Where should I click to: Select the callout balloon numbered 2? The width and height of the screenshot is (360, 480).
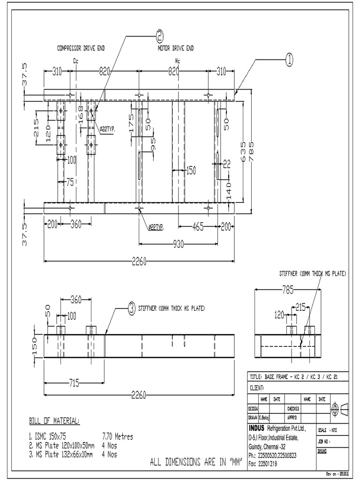(160, 36)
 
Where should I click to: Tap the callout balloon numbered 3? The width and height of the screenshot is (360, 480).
(132, 308)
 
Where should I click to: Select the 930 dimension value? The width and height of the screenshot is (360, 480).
(179, 244)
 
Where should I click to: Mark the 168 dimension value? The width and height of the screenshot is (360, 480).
(80, 114)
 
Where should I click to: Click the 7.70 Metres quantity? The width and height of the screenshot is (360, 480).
(117, 437)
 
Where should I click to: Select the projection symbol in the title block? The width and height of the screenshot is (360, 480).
(338, 408)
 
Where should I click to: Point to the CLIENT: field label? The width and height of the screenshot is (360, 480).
(257, 388)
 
